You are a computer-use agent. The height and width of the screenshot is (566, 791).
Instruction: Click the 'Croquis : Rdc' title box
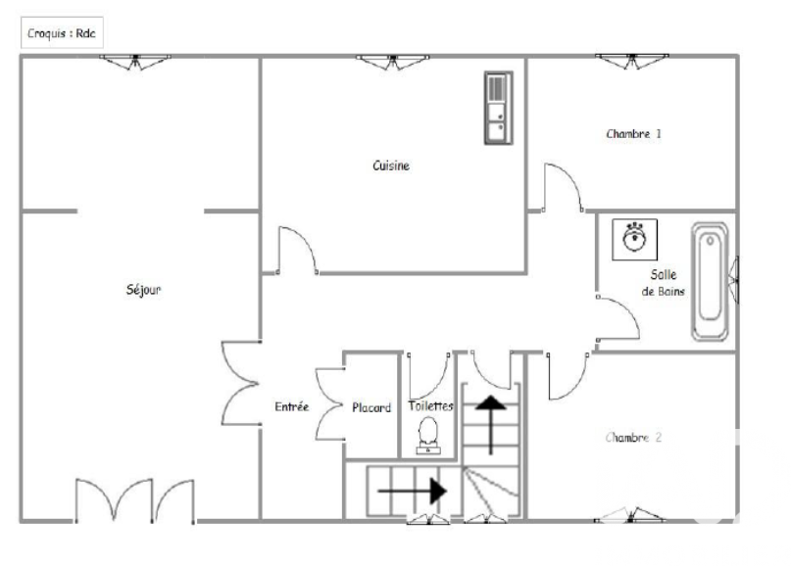point(62,32)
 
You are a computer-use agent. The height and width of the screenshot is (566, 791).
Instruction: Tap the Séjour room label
point(143,289)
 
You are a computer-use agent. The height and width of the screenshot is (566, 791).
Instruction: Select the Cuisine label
point(391,165)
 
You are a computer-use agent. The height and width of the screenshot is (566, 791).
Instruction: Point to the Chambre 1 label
point(633,133)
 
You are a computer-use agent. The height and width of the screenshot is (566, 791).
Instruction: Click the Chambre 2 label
point(633,437)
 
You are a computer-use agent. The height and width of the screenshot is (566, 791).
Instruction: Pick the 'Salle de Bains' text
point(663,282)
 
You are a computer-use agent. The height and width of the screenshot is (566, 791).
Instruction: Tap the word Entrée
point(291,406)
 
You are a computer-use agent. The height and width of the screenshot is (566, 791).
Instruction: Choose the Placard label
point(371,407)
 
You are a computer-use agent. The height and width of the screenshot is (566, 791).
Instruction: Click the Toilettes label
point(431,405)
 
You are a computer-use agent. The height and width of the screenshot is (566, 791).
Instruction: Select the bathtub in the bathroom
point(710,281)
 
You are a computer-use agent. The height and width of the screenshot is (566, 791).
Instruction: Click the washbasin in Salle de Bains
point(634,239)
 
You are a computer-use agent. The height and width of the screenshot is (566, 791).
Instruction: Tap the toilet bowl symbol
point(428,437)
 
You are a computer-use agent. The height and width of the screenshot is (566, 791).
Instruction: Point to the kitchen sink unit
point(498,108)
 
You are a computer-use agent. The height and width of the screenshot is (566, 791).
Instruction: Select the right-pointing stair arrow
point(412,491)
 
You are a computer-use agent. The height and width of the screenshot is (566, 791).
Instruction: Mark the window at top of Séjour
point(135,62)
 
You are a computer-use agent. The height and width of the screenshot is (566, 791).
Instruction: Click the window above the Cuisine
point(392,62)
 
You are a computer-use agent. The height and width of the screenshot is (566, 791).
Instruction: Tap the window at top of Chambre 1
point(632,61)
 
